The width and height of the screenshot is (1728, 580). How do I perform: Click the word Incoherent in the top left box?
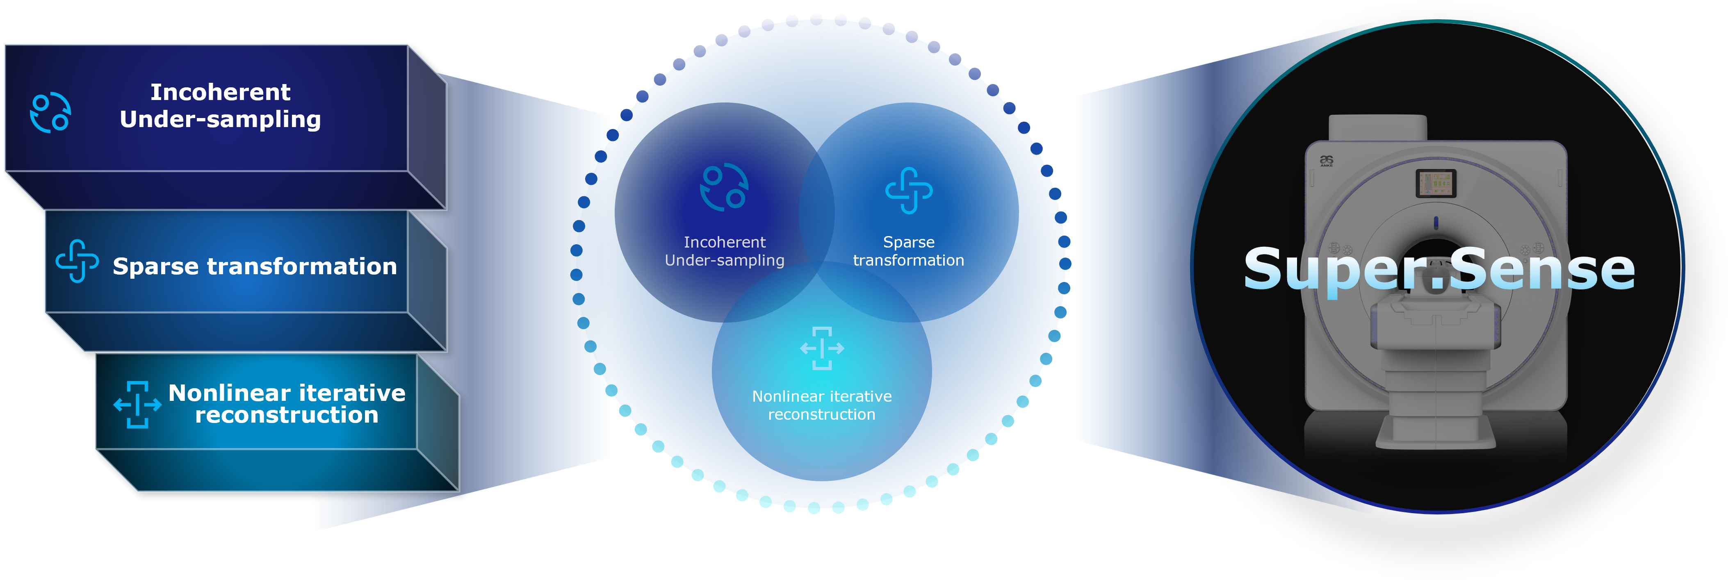pyautogui.click(x=220, y=92)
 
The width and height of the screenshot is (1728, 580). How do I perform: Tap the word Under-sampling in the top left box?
pyautogui.click(x=220, y=119)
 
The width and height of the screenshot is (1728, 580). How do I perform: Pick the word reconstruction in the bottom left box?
pyautogui.click(x=287, y=416)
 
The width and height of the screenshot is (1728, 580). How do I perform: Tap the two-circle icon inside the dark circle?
pyautogui.click(x=724, y=187)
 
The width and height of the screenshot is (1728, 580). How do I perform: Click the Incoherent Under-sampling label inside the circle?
pyautogui.click(x=725, y=251)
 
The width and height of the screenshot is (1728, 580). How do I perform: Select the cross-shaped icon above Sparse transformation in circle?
pyautogui.click(x=909, y=191)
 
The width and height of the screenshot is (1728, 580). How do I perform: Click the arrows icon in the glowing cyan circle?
pyautogui.click(x=822, y=348)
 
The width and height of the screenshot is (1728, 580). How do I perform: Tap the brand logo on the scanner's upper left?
pyautogui.click(x=1326, y=161)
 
